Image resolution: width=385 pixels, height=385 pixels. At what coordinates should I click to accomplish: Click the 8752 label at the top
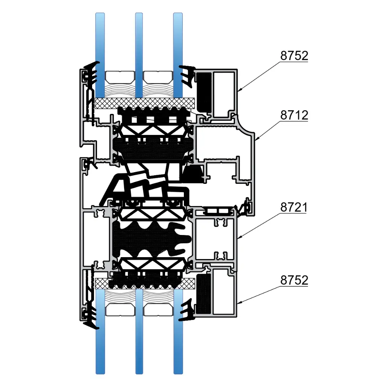294,56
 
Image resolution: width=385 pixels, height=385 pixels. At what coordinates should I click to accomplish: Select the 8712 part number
294,115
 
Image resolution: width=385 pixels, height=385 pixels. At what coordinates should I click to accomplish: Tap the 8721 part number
294,208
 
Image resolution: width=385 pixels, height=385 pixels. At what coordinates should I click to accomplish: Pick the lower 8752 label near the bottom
294,280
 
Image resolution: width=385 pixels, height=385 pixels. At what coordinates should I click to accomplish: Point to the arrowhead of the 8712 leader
256,140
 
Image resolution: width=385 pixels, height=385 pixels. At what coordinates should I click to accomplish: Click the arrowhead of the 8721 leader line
238,238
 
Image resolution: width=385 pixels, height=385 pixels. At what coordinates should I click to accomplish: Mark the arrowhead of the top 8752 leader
238,91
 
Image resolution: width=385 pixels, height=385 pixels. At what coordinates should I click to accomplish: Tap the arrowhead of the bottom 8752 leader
238,303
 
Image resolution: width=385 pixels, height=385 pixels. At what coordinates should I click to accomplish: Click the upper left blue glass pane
100,55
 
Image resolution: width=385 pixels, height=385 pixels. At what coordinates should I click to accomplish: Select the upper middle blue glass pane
139,55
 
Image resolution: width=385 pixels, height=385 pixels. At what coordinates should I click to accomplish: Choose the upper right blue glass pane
178,55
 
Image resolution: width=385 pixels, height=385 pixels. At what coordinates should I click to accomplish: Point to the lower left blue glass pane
100,332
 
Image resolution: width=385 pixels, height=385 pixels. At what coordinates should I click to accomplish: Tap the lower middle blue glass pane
139,332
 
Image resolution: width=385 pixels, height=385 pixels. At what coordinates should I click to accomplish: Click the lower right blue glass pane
178,332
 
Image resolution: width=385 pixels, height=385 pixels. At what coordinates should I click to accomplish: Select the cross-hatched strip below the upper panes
145,103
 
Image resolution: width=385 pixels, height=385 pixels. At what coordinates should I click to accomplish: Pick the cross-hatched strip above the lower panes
145,283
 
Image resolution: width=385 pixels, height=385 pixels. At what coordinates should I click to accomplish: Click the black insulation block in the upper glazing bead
204,92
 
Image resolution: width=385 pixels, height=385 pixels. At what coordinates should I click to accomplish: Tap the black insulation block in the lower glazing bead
203,294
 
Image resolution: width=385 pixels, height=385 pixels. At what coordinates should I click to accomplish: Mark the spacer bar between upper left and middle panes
120,77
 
